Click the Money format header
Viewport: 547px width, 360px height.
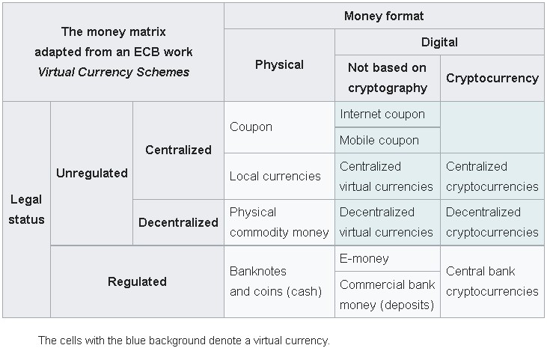tap(384, 16)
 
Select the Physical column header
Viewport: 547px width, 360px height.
tap(279, 65)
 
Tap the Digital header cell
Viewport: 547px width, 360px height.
tap(439, 42)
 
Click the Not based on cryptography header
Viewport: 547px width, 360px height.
tap(387, 78)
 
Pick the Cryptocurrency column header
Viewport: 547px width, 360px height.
tap(492, 78)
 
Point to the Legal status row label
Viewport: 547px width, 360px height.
tap(27, 210)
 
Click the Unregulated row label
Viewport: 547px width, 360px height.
tap(91, 173)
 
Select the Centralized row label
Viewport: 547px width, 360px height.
tap(178, 150)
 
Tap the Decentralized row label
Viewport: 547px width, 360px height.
tap(178, 222)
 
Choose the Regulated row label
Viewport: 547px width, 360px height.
tap(137, 281)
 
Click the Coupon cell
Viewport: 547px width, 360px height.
tap(251, 127)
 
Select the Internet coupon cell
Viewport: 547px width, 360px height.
tap(382, 115)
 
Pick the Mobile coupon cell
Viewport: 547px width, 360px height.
tap(379, 140)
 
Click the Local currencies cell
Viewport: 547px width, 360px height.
tap(275, 176)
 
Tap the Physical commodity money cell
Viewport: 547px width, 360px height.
tap(279, 222)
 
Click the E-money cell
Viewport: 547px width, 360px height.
tap(364, 258)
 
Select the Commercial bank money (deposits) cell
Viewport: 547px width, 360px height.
tap(387, 295)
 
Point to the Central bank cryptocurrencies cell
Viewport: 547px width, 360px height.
tap(492, 281)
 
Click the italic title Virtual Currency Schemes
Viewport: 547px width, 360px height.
tap(113, 73)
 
